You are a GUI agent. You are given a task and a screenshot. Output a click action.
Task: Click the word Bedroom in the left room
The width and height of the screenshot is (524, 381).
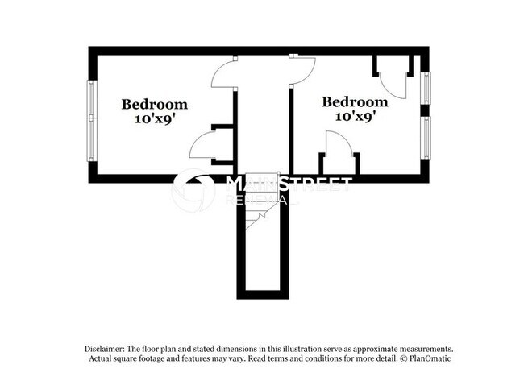click(x=155, y=104)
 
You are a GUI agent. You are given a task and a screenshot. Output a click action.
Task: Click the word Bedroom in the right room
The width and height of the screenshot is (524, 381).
click(x=355, y=102)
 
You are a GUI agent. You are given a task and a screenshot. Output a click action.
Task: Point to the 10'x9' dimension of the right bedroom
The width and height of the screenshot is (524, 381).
click(x=355, y=116)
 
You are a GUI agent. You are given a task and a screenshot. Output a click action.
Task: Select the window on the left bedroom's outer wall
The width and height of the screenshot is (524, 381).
click(x=92, y=120)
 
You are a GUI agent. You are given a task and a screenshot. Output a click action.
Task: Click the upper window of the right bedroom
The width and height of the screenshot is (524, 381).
click(x=426, y=88)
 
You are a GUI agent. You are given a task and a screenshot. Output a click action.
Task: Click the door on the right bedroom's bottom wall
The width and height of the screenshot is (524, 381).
click(x=339, y=146)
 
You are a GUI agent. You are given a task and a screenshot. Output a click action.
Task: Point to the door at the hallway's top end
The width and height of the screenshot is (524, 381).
click(x=302, y=68)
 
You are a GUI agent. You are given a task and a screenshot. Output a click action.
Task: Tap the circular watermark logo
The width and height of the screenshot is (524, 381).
click(x=193, y=189)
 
